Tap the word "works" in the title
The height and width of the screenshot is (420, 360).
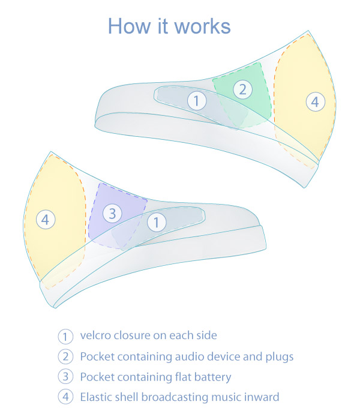click(x=203, y=26)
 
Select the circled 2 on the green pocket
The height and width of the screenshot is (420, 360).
click(x=243, y=90)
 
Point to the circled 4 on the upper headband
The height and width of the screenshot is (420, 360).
click(x=315, y=102)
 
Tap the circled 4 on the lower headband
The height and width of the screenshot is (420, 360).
click(x=45, y=220)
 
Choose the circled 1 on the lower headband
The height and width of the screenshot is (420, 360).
click(x=156, y=223)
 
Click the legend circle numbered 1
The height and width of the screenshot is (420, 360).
click(x=65, y=336)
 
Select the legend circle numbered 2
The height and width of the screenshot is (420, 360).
click(x=65, y=356)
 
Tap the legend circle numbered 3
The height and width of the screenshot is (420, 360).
click(x=65, y=377)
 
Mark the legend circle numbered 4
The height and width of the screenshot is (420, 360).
click(x=65, y=397)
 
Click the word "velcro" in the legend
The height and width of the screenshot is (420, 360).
click(x=95, y=335)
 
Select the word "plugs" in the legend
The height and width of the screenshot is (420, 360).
click(x=278, y=357)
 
